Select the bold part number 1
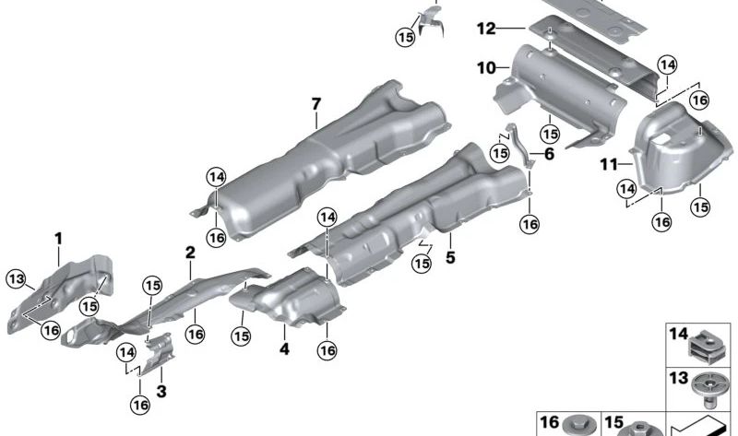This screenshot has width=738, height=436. pos(57,239)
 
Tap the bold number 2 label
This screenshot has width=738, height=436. pos(190,253)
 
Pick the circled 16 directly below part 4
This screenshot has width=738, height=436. pos(327,349)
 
